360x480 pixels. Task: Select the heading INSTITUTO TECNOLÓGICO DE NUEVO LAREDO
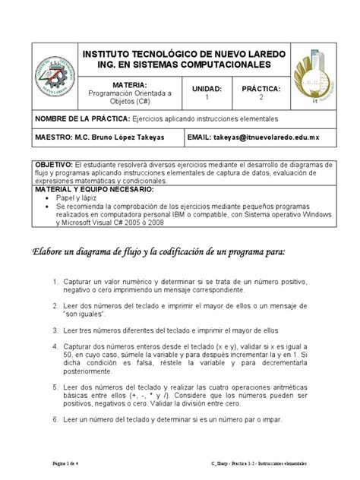[182, 56]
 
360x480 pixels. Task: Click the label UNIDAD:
[206, 89]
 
